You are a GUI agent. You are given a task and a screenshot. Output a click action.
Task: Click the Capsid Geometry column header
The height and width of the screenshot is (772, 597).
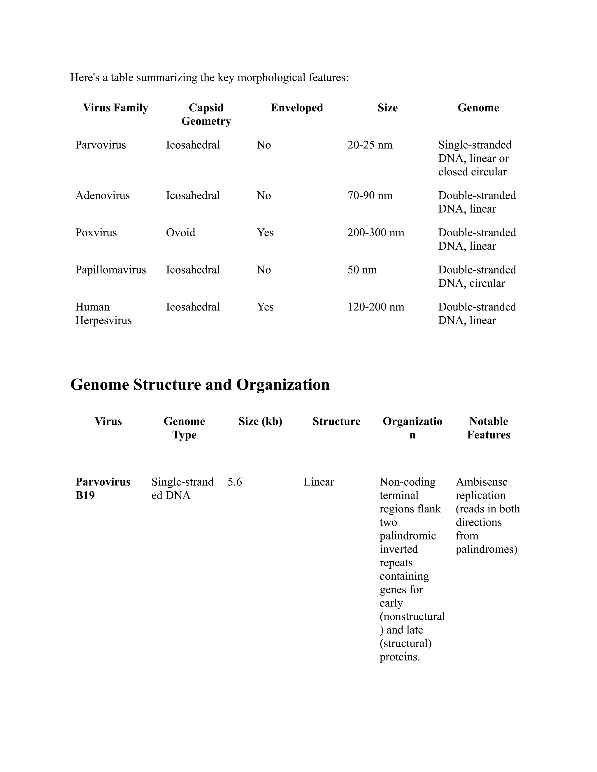pos(206,114)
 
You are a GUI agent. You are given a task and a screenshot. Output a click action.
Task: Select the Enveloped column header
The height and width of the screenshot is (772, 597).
pos(297,107)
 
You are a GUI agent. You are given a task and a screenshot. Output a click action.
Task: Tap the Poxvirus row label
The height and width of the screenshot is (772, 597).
pos(96,232)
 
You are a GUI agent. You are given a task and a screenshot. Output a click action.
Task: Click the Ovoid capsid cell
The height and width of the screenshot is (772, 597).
pos(180,232)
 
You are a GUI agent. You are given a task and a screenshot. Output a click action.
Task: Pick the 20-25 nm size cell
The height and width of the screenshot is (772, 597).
pos(370,145)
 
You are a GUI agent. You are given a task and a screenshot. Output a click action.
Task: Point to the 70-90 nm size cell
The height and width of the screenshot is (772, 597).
pos(370,195)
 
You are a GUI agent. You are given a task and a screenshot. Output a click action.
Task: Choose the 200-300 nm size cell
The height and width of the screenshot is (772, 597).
pos(375,232)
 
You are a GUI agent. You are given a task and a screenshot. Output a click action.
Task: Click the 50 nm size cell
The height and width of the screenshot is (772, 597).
pos(362,270)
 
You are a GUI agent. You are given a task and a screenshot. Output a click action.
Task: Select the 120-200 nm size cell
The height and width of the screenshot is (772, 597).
pos(375,307)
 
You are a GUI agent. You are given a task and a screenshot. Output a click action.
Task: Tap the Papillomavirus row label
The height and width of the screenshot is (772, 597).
pos(110,270)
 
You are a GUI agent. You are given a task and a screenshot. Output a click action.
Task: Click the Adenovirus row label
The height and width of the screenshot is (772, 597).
pos(102,195)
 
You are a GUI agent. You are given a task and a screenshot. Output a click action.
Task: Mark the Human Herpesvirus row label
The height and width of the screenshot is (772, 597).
pos(103,313)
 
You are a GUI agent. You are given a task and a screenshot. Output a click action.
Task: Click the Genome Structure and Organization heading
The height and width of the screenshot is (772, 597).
pos(200,385)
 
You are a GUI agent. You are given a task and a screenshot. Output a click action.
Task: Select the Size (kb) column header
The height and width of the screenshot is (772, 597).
pos(260,421)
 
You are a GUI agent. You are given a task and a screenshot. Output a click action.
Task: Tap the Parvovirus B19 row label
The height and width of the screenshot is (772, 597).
pos(103,489)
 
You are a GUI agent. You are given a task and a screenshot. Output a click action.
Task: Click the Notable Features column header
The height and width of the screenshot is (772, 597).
pos(489,428)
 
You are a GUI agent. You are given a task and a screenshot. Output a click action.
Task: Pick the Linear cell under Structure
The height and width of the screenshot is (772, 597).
pos(318,482)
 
